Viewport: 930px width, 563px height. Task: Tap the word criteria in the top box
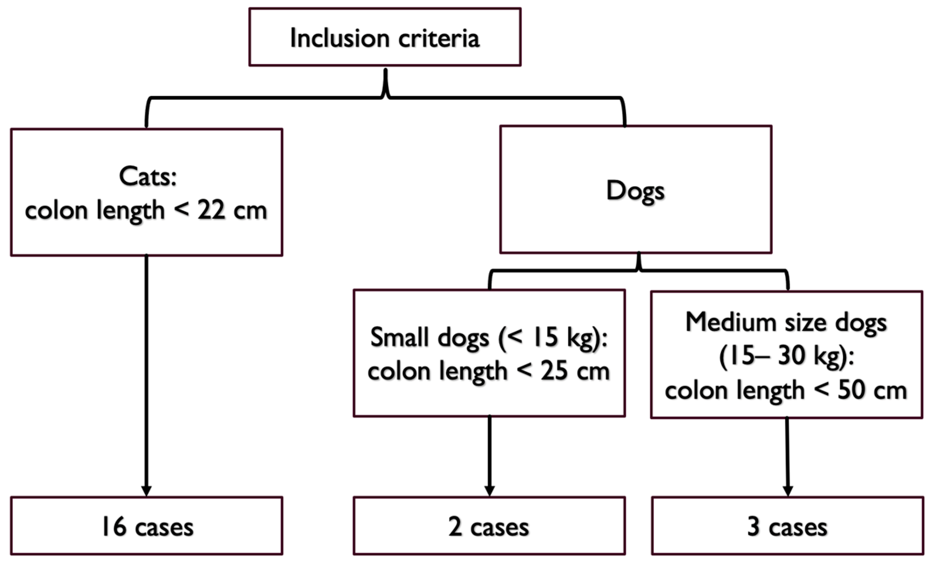(x=439, y=38)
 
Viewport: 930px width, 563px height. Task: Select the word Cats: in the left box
(x=147, y=177)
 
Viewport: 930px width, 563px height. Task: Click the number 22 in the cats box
(x=211, y=211)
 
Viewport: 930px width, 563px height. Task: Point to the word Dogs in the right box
(x=635, y=191)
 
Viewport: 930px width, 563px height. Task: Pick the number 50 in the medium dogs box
(x=851, y=390)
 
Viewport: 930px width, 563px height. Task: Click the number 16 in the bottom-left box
(x=114, y=527)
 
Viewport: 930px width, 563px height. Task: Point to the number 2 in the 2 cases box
(x=455, y=527)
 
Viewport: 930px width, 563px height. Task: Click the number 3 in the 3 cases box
(x=753, y=527)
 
